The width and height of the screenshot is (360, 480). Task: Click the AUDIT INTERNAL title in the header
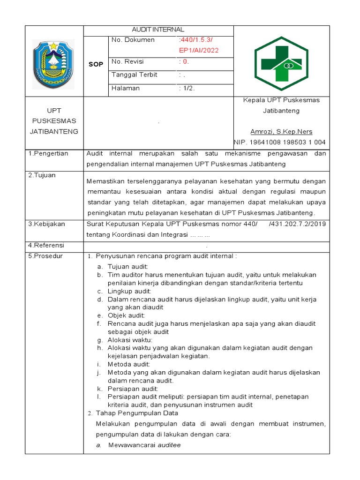(158, 30)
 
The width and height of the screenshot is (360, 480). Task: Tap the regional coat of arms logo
(53, 61)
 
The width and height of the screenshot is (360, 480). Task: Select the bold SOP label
(96, 65)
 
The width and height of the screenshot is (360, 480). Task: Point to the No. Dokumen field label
(133, 40)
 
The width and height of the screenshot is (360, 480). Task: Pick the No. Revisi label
(127, 62)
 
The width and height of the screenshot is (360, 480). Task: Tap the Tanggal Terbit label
(134, 75)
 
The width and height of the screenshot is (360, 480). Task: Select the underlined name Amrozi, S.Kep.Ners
(281, 132)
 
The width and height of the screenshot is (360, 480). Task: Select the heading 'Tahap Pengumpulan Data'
(137, 413)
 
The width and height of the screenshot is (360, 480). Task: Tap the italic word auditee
(169, 445)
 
